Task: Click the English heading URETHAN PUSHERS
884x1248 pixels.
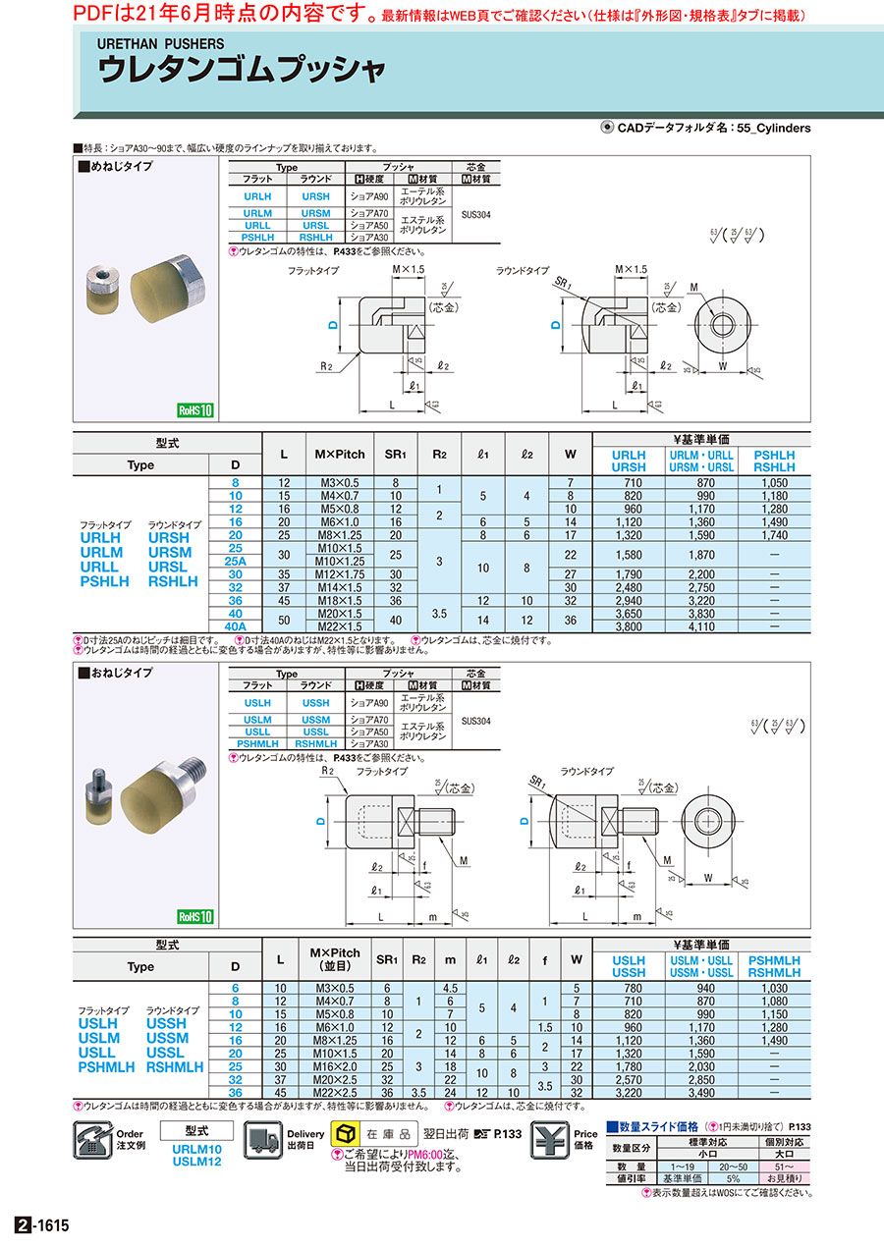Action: [x=160, y=44]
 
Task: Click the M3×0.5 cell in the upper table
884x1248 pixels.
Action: [x=339, y=483]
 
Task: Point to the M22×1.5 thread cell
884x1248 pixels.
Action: [x=339, y=625]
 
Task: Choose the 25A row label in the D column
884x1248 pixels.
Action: [x=234, y=560]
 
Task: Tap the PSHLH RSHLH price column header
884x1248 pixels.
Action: [x=774, y=461]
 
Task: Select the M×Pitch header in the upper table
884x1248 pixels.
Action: [x=339, y=454]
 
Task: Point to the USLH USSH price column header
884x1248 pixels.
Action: [x=629, y=966]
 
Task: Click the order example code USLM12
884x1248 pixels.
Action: [x=196, y=1162]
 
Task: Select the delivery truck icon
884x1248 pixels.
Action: [x=262, y=1141]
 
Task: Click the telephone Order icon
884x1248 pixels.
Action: [x=93, y=1142]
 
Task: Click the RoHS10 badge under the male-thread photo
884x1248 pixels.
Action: [x=194, y=916]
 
